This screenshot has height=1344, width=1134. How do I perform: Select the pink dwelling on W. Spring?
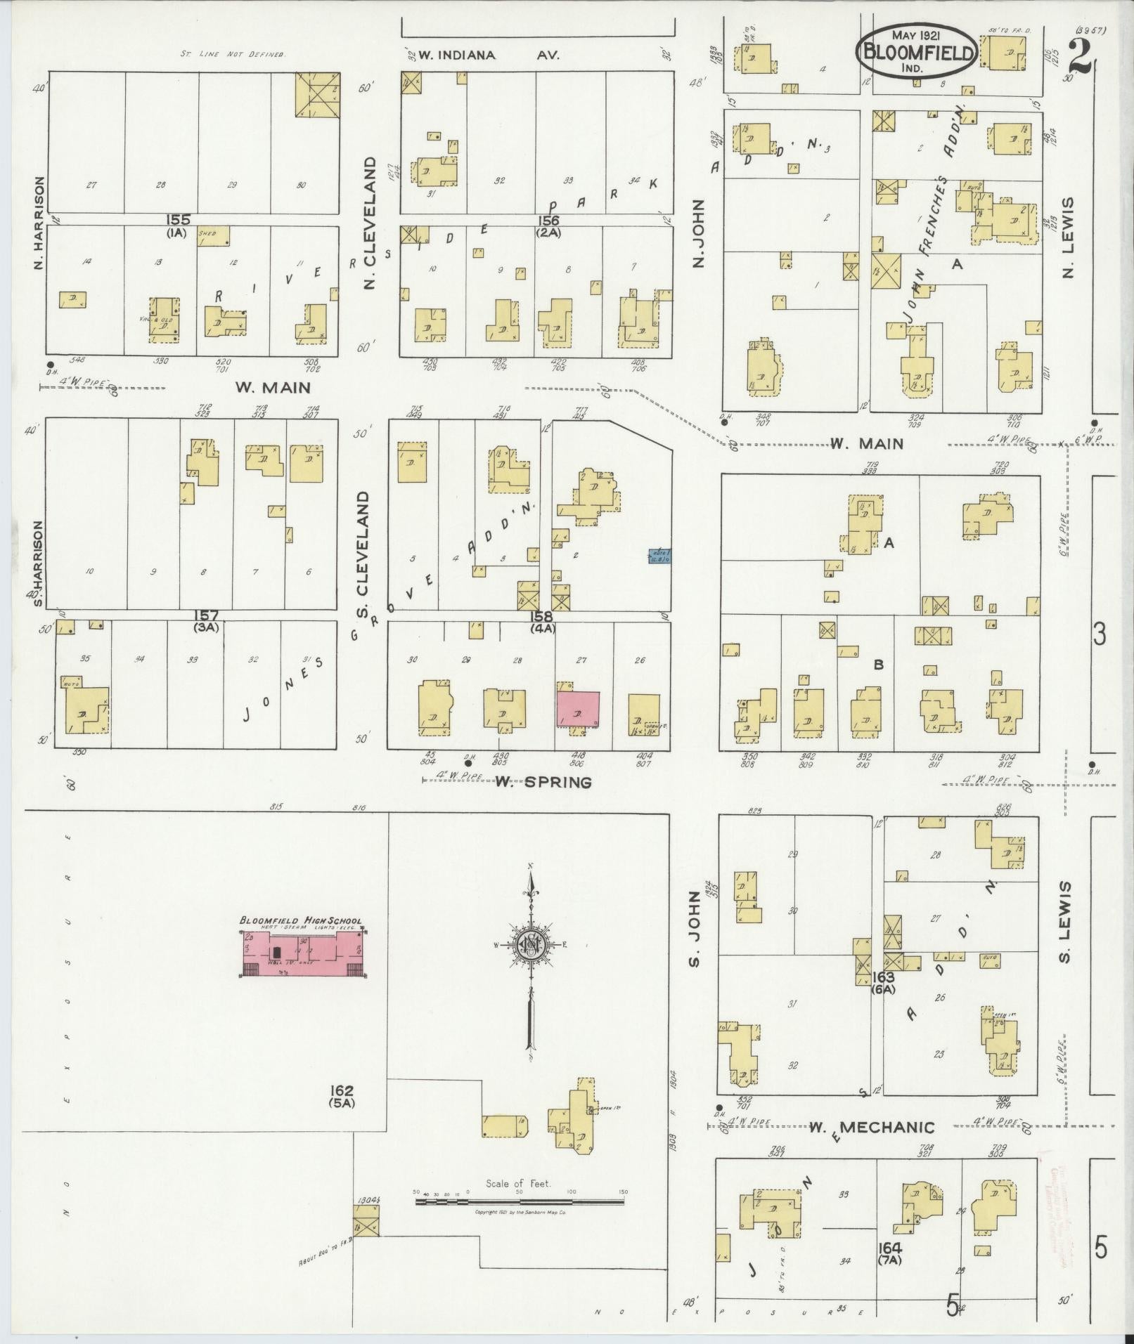579,709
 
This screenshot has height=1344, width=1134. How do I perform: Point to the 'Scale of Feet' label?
519,1184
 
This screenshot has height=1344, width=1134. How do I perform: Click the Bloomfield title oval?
917,51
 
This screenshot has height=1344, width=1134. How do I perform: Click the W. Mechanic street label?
872,1128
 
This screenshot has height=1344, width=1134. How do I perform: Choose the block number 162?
343,1111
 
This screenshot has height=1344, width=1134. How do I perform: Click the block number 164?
889,1248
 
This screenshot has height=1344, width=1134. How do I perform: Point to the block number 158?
543,617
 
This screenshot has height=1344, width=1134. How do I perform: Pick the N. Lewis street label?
1069,237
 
